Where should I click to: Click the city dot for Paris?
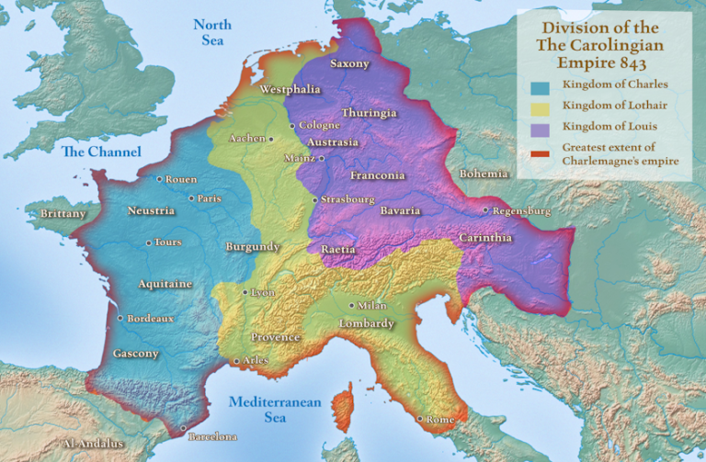click(191, 197)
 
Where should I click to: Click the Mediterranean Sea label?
click(275, 410)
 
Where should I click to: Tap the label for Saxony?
click(349, 64)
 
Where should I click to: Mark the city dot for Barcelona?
click(183, 428)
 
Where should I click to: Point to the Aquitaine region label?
click(165, 284)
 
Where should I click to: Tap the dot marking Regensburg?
click(485, 210)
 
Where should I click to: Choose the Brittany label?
click(63, 214)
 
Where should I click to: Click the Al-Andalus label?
click(92, 444)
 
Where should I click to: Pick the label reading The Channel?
click(102, 152)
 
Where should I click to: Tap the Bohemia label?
click(484, 174)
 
